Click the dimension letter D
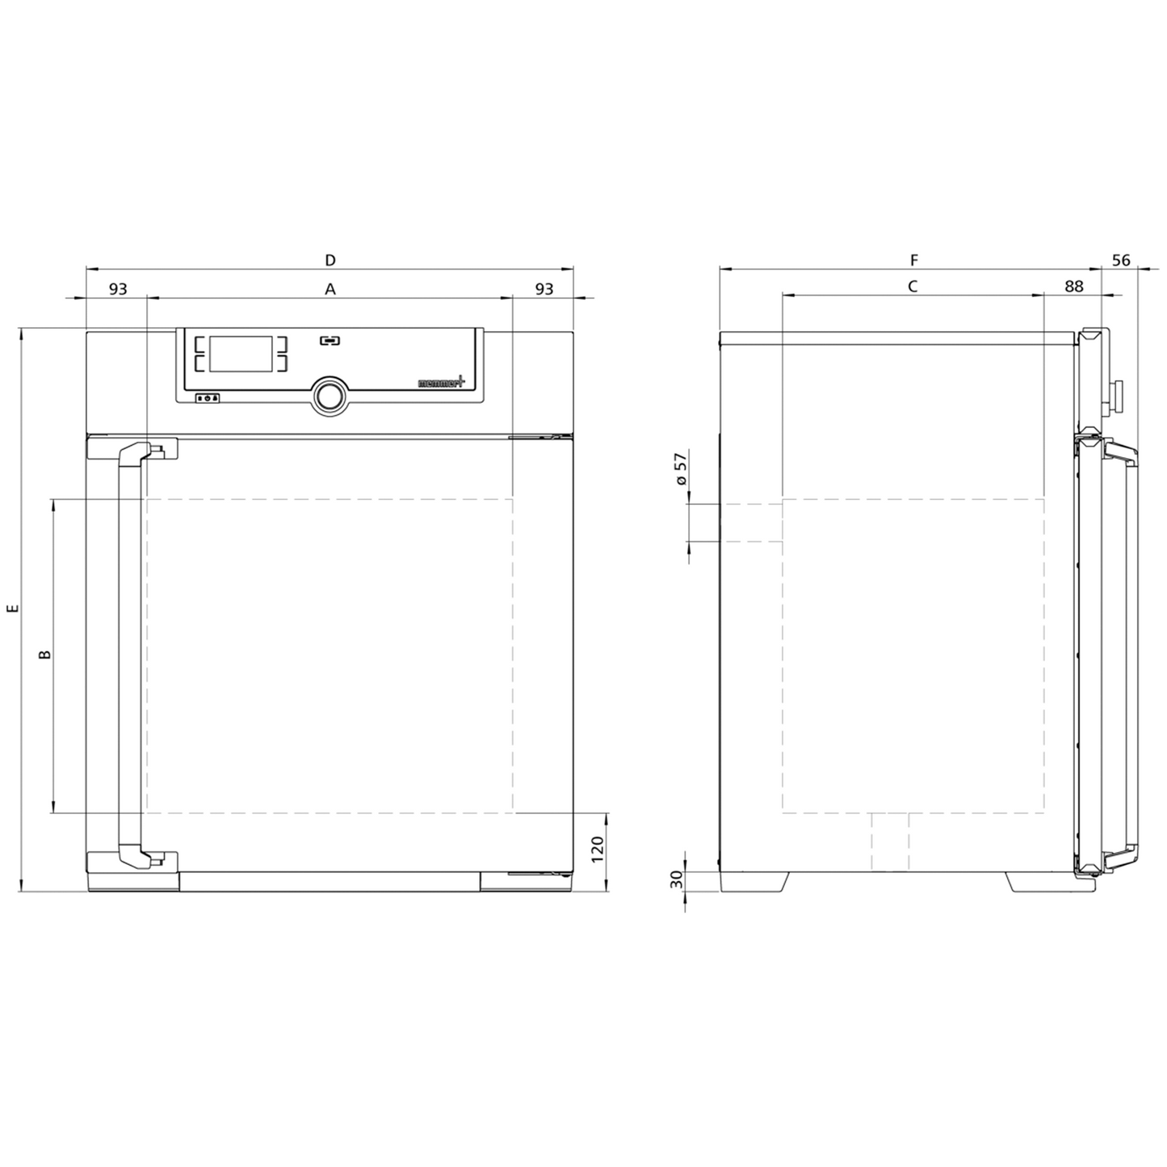(x=330, y=260)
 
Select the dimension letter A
(x=330, y=289)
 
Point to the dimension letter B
(x=44, y=655)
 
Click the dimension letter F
(x=914, y=260)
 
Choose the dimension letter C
(x=913, y=287)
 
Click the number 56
(x=1122, y=260)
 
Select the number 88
(x=1074, y=287)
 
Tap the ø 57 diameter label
(x=682, y=468)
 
